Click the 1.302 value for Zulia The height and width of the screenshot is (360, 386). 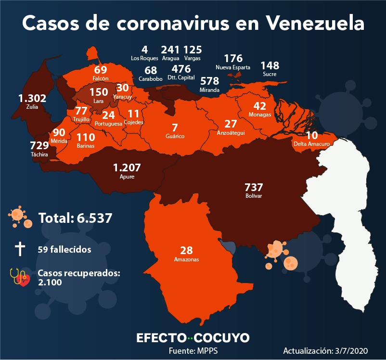32,99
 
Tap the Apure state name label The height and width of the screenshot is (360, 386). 127,177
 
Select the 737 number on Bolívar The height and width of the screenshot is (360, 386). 254,188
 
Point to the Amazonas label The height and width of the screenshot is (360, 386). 186,259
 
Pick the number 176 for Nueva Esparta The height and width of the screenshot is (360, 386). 233,59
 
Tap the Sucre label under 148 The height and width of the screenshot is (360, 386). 270,74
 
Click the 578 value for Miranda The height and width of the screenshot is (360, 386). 209,80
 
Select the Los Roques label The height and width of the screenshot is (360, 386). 144,58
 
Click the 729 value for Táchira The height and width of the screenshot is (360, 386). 39,145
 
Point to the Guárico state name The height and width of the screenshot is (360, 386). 175,136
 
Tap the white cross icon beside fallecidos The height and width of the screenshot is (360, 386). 20,249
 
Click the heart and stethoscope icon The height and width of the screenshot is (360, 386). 20,277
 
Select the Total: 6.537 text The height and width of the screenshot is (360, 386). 76,218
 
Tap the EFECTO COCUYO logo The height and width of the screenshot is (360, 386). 193,338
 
